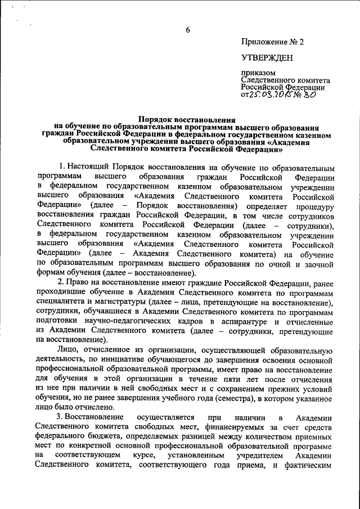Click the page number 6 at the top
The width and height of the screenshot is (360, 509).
tap(188, 30)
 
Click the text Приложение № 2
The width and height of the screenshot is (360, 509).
tap(272, 42)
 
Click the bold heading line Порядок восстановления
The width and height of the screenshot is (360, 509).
tap(187, 120)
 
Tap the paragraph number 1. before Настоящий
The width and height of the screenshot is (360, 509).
tap(61, 168)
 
